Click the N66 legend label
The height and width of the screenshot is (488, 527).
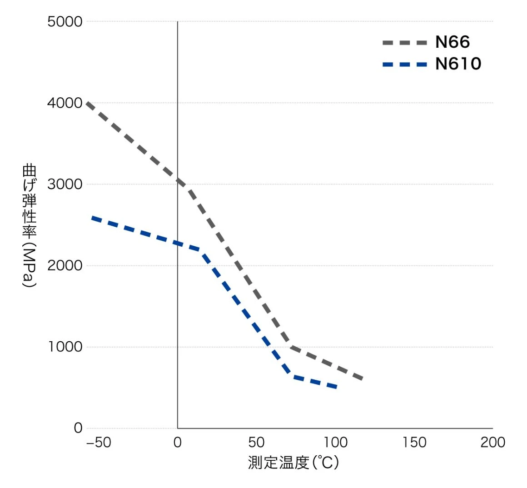452,42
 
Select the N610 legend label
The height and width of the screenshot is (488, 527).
458,64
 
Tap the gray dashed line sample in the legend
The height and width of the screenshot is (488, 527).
405,43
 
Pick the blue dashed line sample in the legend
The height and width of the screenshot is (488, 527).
405,65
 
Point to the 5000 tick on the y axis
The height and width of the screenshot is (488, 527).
65,22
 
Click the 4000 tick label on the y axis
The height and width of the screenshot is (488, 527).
65,103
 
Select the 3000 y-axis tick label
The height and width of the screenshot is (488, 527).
65,184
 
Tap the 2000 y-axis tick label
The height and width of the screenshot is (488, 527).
65,266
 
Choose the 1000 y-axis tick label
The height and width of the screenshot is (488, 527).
65,347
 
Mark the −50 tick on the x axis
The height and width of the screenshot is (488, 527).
98,443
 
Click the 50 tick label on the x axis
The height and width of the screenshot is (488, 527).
256,443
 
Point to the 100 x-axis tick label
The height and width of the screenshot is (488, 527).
335,443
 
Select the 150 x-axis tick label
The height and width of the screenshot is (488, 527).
414,443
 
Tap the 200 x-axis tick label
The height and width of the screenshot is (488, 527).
493,443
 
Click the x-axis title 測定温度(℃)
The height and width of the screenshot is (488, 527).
293,463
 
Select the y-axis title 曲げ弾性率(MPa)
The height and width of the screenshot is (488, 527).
29,225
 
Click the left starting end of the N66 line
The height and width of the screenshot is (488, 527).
87,104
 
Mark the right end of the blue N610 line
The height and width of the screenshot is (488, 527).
335,387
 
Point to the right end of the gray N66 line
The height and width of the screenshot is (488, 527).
362,378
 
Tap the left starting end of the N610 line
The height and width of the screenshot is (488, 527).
93,218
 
